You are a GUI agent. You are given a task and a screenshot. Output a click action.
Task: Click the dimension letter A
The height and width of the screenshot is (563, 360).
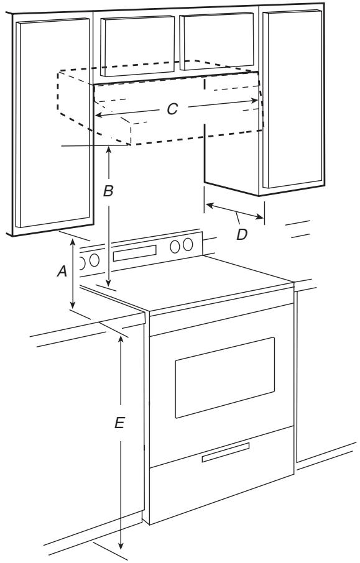click(x=62, y=272)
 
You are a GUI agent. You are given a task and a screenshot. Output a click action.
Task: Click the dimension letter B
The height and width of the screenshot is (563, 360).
click(x=108, y=191)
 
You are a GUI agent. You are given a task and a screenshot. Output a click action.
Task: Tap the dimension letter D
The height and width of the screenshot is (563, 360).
click(x=242, y=234)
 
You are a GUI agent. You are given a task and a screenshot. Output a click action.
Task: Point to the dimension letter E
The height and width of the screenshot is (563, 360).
click(x=119, y=423)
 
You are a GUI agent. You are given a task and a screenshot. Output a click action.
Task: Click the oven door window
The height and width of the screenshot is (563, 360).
click(x=225, y=377)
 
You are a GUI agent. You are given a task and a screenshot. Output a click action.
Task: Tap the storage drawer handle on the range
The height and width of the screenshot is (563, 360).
click(x=226, y=452)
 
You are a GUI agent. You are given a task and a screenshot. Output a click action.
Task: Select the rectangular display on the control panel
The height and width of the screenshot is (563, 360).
click(x=135, y=253)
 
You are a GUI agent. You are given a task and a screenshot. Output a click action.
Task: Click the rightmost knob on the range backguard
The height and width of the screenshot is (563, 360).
click(x=188, y=244)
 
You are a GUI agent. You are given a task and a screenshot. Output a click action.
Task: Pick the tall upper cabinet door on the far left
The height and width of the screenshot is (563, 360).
click(x=53, y=123)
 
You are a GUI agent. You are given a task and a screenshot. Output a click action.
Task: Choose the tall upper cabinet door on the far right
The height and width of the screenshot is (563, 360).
click(x=292, y=99)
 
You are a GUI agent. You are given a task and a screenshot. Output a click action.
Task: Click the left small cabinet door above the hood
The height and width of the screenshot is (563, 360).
click(x=137, y=46)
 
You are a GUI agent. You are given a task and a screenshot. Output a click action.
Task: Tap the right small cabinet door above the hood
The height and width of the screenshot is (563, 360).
click(x=216, y=41)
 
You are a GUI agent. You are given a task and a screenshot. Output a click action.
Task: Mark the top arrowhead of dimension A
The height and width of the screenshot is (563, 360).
click(x=73, y=242)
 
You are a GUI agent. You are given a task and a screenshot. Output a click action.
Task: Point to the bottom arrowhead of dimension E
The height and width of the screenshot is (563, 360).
click(x=121, y=546)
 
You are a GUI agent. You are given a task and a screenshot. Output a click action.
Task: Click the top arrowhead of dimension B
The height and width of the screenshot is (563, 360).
click(x=109, y=149)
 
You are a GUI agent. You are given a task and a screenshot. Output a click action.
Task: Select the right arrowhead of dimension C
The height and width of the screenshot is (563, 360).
click(x=254, y=101)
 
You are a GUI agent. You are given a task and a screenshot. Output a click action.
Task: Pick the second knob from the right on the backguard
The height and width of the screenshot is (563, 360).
click(x=175, y=246)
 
